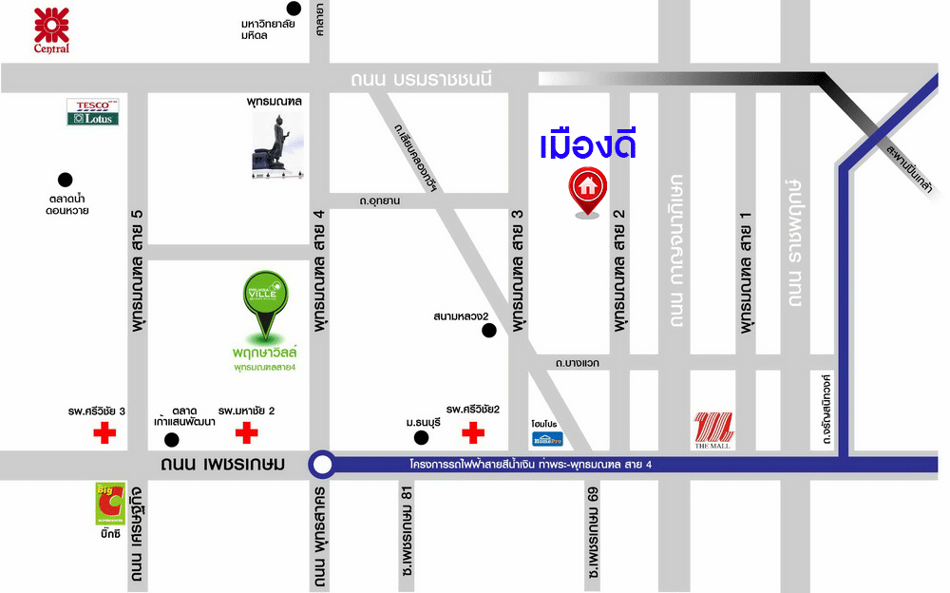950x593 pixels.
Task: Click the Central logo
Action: [51, 28]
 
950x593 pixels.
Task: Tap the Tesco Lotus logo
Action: [92, 112]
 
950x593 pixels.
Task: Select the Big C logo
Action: [109, 505]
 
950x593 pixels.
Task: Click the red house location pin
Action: [588, 191]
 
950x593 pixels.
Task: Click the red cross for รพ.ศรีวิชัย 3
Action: [104, 434]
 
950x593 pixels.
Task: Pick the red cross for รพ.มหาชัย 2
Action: [246, 434]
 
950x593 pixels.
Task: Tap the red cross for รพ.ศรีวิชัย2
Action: [472, 434]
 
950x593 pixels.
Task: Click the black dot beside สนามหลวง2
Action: [489, 331]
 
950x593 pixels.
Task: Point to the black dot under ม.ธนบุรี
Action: [421, 437]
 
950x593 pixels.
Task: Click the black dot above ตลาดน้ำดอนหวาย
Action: [65, 179]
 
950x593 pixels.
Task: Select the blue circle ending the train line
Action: [323, 466]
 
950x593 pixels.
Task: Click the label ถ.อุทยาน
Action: [379, 201]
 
